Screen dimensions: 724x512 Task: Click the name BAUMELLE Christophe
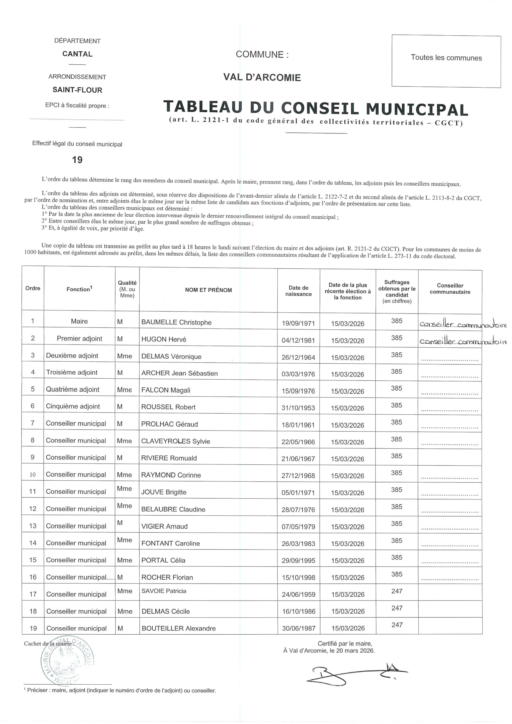click(176, 322)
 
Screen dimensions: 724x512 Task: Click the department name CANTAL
click(77, 54)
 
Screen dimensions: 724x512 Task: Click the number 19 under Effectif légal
click(77, 160)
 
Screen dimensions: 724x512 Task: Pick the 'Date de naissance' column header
click(298, 291)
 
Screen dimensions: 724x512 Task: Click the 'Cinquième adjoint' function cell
click(73, 406)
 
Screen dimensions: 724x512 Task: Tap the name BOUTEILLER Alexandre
click(178, 628)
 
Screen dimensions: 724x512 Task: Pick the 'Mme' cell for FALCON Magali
click(124, 390)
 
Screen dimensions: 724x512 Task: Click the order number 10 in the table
click(33, 475)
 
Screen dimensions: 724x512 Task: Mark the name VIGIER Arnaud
click(164, 526)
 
